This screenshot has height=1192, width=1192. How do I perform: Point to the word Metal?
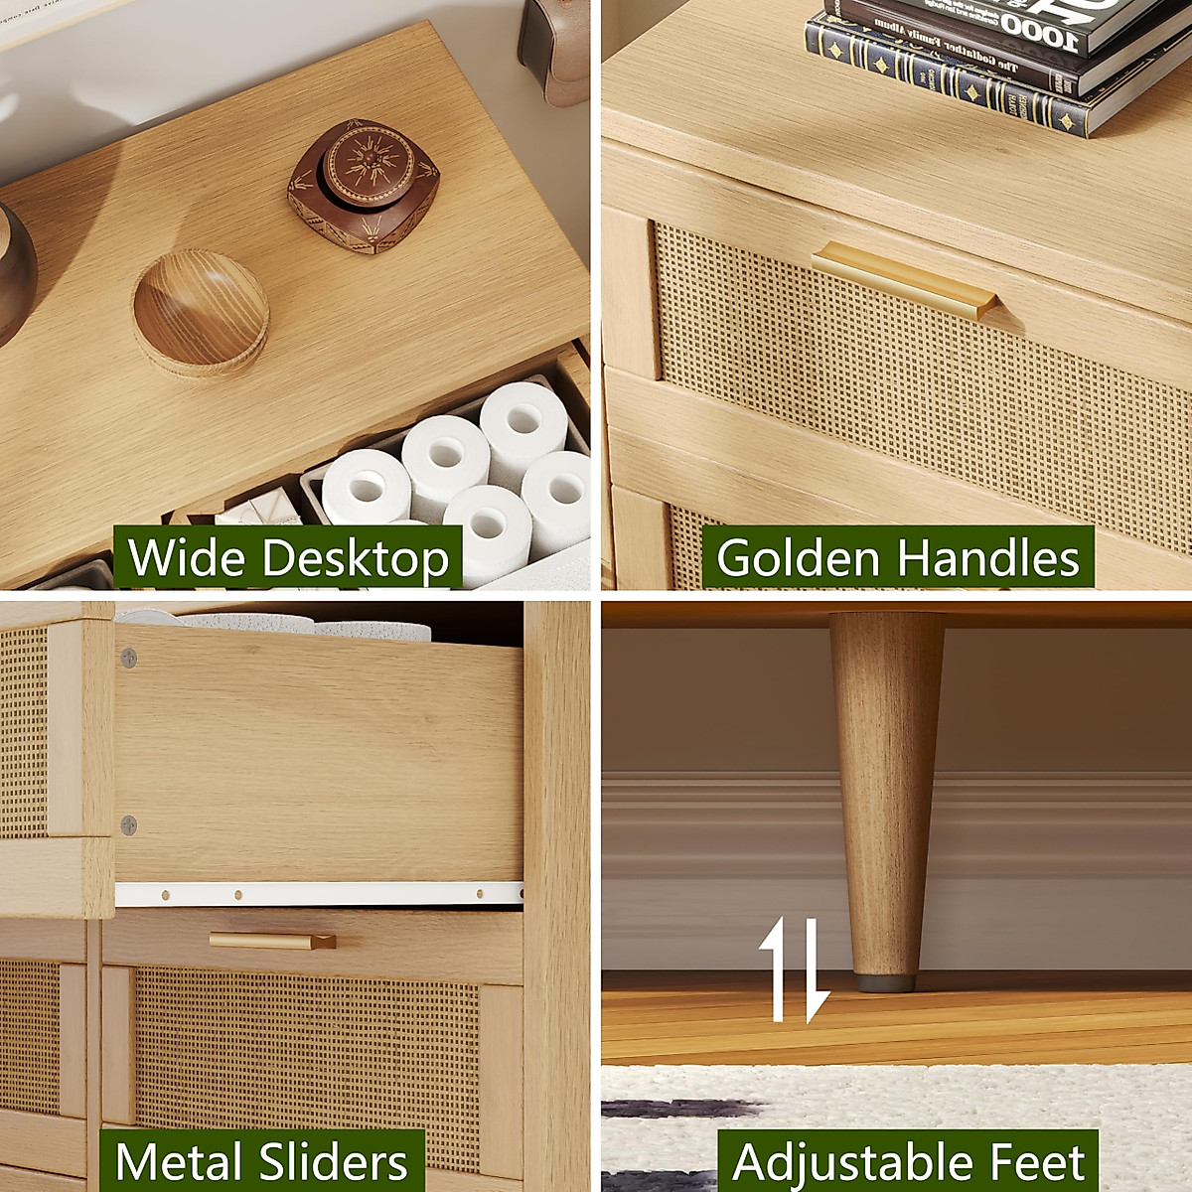pos(178,1161)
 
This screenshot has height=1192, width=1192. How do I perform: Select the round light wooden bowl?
pos(201,312)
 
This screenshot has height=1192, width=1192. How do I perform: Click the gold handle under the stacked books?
pos(904,279)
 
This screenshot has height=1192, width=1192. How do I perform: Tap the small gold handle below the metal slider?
pos(272,940)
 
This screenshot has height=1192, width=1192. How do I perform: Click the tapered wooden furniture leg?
pos(884,795)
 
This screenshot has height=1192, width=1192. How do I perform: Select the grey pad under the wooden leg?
pos(885,982)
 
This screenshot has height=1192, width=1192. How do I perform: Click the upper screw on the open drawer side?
pos(128,657)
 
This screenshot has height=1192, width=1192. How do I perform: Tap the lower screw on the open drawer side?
pos(128,823)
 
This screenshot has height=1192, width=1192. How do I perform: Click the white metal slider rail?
pos(318,894)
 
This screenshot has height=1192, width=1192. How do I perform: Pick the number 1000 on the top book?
pos(1039,33)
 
